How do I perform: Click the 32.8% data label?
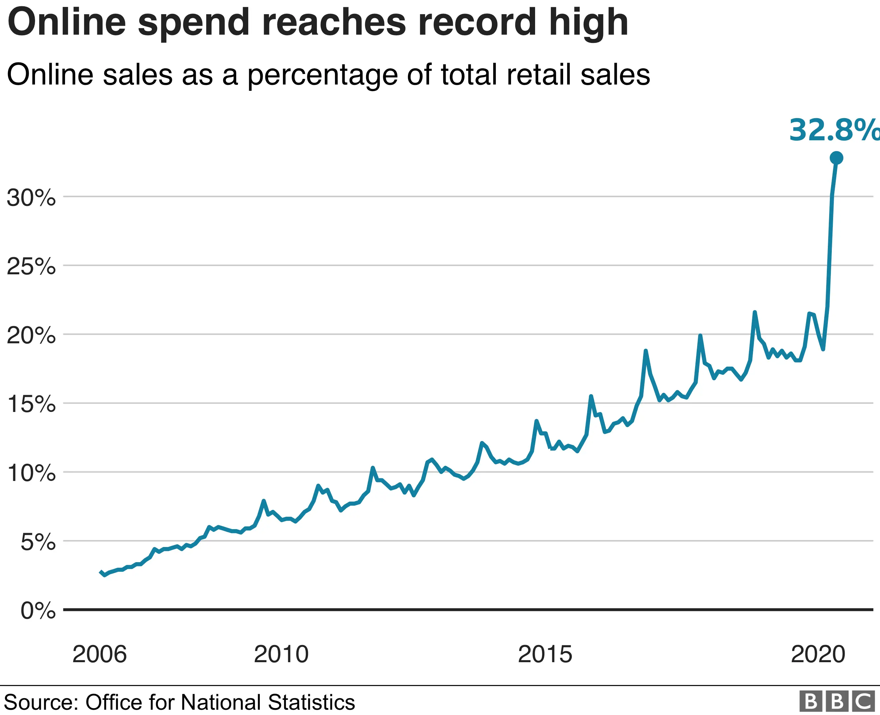(834, 130)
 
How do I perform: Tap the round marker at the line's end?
(836, 158)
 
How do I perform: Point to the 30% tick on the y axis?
(31, 198)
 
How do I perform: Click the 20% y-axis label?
(31, 335)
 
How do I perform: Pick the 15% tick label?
(31, 404)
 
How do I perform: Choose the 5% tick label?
(38, 542)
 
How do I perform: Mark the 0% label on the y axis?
(38, 610)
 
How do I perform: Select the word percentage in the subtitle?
(322, 75)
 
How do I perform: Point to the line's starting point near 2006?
(101, 572)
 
